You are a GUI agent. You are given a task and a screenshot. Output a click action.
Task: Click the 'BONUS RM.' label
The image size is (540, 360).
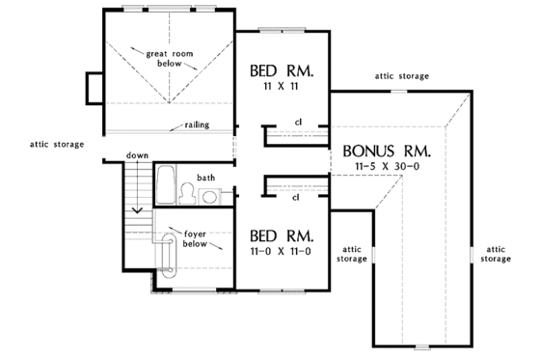click(x=386, y=152)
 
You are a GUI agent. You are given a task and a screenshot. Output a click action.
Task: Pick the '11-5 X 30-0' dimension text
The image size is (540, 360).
click(x=386, y=167)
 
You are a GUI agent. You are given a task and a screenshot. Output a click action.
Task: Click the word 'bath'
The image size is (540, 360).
click(x=206, y=178)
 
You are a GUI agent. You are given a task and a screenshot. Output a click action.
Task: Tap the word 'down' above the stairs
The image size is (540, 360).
click(x=137, y=155)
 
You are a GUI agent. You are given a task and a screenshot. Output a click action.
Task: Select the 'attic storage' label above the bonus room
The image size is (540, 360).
click(x=402, y=75)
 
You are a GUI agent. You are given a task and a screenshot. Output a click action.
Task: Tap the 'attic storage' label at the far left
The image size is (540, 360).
click(x=56, y=144)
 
